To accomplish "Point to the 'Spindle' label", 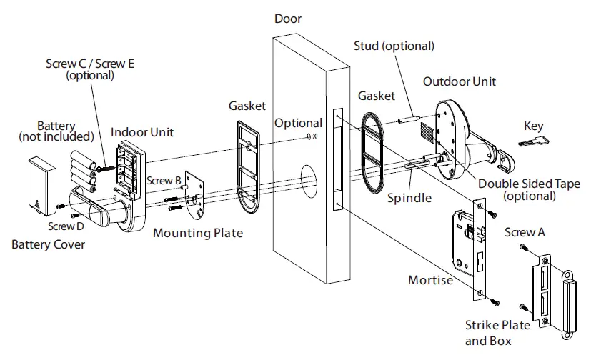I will point(409,198).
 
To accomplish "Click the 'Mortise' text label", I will point(430,280).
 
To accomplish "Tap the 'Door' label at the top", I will point(288,19).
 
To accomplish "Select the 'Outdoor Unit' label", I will point(459,81).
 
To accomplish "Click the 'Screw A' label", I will point(525,233).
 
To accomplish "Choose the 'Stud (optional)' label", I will point(394,46).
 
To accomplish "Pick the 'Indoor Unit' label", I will point(142,132).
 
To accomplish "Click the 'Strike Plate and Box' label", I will point(497,333).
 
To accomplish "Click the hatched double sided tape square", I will point(424,132).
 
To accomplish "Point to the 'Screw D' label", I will point(66,226).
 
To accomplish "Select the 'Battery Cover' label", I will point(48,245).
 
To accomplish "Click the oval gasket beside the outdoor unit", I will point(372,152).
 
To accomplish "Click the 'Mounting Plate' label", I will point(199,233).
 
